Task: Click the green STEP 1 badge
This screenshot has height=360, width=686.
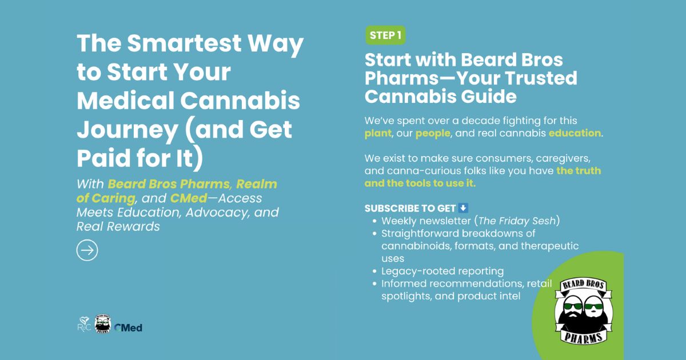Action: pyautogui.click(x=385, y=35)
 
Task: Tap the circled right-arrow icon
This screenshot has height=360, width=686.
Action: pyautogui.click(x=87, y=250)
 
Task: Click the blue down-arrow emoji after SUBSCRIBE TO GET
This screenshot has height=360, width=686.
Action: pyautogui.click(x=463, y=208)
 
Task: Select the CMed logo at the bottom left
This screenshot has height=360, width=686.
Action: pyautogui.click(x=128, y=328)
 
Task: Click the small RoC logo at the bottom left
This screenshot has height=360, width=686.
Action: pyautogui.click(x=84, y=325)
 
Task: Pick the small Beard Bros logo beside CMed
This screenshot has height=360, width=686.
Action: pyautogui.click(x=102, y=323)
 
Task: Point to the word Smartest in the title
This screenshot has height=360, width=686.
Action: pyautogui.click(x=184, y=43)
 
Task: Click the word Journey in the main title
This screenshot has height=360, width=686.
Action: pyautogui.click(x=127, y=130)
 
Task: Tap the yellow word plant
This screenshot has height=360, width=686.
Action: pyautogui.click(x=378, y=133)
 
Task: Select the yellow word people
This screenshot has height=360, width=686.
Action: pyautogui.click(x=433, y=133)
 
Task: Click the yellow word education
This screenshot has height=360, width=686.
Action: pyautogui.click(x=575, y=133)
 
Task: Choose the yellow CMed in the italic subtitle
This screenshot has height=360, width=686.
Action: pyautogui.click(x=189, y=198)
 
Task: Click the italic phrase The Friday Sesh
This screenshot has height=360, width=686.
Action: pyautogui.click(x=517, y=221)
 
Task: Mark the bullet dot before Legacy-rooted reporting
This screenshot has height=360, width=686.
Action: pyautogui.click(x=374, y=271)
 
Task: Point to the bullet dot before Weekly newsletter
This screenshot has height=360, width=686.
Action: pyautogui.click(x=374, y=221)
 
